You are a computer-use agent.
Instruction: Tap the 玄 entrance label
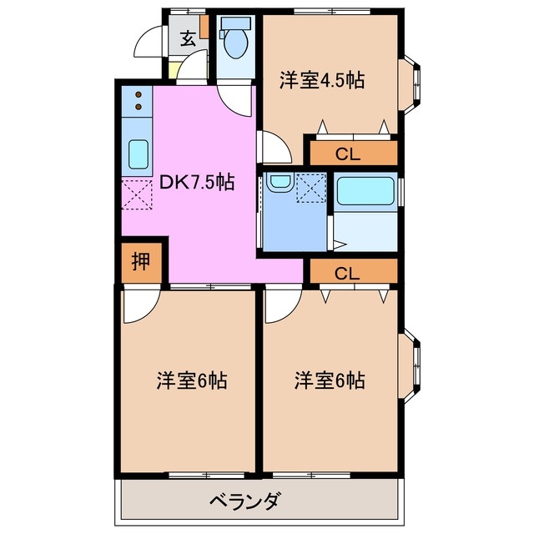(x=188, y=37)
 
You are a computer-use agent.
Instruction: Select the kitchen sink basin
(x=137, y=153)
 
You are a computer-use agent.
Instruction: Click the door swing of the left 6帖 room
(x=138, y=306)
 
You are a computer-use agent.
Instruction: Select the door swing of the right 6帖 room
(x=280, y=306)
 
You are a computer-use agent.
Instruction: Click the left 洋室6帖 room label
(x=191, y=381)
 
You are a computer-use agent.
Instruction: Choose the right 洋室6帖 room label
(x=329, y=381)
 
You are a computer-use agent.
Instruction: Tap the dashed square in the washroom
(x=311, y=189)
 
